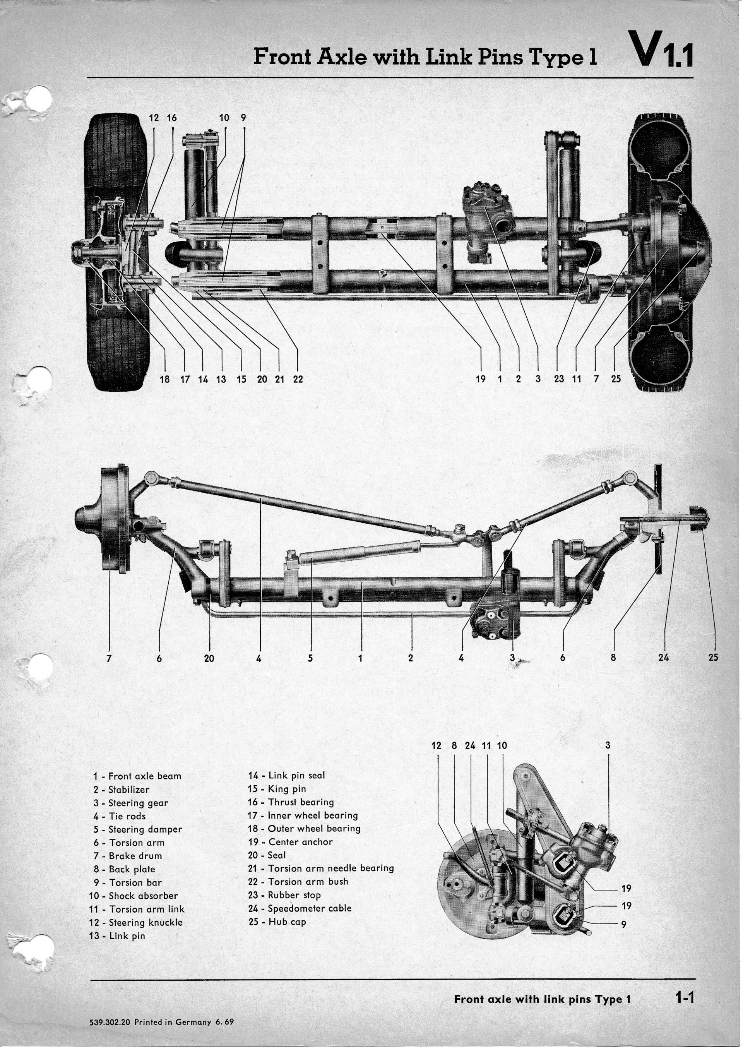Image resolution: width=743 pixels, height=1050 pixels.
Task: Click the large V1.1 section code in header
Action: pyautogui.click(x=660, y=50)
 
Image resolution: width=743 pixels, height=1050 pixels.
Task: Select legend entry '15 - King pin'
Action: pyautogui.click(x=277, y=788)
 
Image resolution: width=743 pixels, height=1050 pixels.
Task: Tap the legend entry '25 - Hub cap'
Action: pyautogui.click(x=277, y=922)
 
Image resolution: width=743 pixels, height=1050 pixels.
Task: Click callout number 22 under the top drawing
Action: pyautogui.click(x=298, y=379)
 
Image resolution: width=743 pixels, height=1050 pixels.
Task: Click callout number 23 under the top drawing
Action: pyautogui.click(x=559, y=379)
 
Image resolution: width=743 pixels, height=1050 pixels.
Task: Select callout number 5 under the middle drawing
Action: pyautogui.click(x=310, y=658)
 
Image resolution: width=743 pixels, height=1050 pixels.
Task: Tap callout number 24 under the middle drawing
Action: pyautogui.click(x=663, y=658)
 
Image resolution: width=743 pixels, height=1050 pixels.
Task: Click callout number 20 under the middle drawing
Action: pyautogui.click(x=209, y=658)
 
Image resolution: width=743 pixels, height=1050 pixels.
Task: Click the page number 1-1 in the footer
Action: pyautogui.click(x=685, y=997)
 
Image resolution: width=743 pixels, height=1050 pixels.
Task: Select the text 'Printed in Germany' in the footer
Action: pyautogui.click(x=173, y=1022)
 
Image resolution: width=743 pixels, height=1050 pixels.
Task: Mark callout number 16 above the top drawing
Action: pyautogui.click(x=171, y=118)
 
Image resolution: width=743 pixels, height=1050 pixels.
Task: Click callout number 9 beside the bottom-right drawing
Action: pyautogui.click(x=623, y=925)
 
